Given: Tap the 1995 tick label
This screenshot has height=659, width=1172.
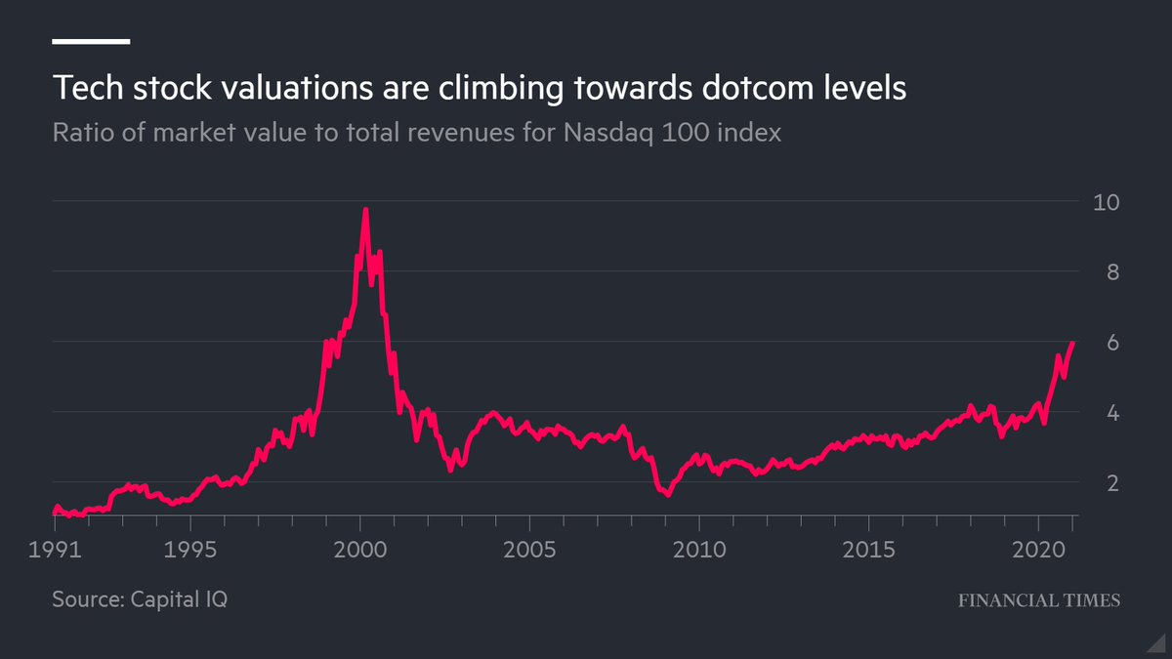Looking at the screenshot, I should pyautogui.click(x=190, y=549).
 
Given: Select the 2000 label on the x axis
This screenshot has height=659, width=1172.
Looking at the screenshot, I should pyautogui.click(x=360, y=549).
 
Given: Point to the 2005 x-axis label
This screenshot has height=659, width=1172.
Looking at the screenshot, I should pyautogui.click(x=529, y=549).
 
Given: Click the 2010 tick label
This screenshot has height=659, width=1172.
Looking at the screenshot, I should pyautogui.click(x=699, y=549).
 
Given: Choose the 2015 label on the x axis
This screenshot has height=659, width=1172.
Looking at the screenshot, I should pyautogui.click(x=868, y=549).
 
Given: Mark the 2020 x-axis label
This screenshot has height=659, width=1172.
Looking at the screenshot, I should pyautogui.click(x=1037, y=549).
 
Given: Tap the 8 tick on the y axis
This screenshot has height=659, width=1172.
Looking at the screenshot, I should pyautogui.click(x=1100, y=272).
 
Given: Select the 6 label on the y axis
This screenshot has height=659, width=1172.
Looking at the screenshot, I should pyautogui.click(x=1100, y=343).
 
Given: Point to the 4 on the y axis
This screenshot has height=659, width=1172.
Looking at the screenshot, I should pyautogui.click(x=1100, y=413).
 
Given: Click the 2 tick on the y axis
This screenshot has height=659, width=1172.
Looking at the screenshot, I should pyautogui.click(x=1100, y=483).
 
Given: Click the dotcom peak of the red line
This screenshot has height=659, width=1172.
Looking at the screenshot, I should pyautogui.click(x=365, y=210).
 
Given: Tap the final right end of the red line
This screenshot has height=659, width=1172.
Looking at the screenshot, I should pyautogui.click(x=1073, y=343).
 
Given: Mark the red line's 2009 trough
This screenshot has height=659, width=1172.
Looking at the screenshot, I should pyautogui.click(x=667, y=494).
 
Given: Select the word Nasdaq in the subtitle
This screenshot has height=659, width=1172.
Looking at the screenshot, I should pyautogui.click(x=608, y=133).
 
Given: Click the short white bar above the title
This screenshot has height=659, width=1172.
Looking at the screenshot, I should pyautogui.click(x=91, y=41).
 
